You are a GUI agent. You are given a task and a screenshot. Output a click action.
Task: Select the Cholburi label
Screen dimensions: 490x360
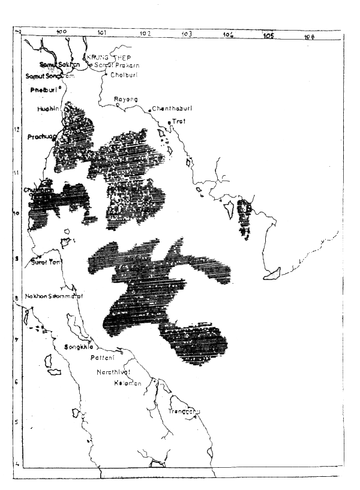point(123,76)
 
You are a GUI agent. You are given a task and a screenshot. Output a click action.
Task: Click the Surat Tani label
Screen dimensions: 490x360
point(46,261)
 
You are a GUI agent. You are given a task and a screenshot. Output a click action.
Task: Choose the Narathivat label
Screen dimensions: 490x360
point(113,372)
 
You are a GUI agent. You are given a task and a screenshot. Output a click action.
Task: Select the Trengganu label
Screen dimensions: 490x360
point(184,411)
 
